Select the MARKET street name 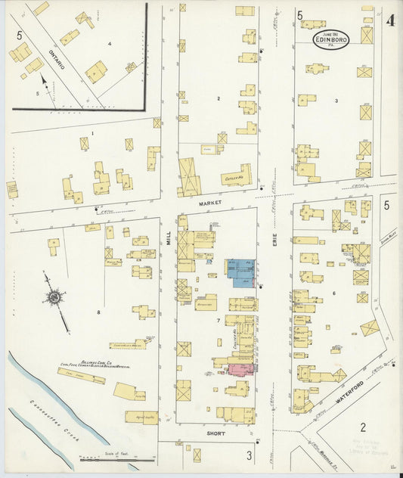(209, 203)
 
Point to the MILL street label (169, 239)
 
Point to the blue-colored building (241, 272)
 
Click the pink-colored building (241, 368)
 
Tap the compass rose (54, 298)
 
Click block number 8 (98, 310)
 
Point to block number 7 (219, 321)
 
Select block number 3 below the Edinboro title (336, 100)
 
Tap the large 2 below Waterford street (363, 427)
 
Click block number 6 (333, 293)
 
